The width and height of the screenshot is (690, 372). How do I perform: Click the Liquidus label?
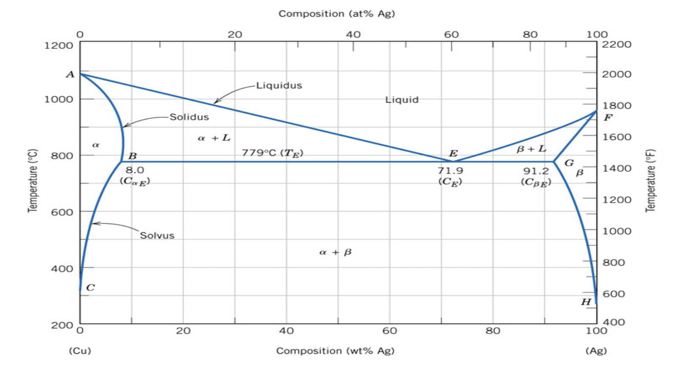(x=279, y=85)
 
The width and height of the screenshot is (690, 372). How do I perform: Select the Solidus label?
(x=189, y=116)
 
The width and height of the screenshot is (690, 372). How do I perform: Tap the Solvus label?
(x=157, y=236)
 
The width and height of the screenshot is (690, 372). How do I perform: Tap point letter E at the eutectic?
(x=453, y=154)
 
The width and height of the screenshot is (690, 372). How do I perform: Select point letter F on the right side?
(x=608, y=117)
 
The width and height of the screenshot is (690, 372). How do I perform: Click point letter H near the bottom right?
(x=586, y=302)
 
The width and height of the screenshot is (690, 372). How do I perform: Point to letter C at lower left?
(x=91, y=288)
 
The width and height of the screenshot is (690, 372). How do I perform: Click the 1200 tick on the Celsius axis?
(x=59, y=45)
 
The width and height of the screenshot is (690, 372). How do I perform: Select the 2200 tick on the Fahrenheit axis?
(x=611, y=45)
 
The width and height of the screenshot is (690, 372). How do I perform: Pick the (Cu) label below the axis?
(x=80, y=351)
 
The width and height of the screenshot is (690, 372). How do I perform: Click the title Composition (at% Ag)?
(x=337, y=13)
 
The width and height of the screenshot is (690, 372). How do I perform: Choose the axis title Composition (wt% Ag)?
(x=335, y=351)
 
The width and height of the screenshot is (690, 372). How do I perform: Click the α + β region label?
(x=335, y=252)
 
